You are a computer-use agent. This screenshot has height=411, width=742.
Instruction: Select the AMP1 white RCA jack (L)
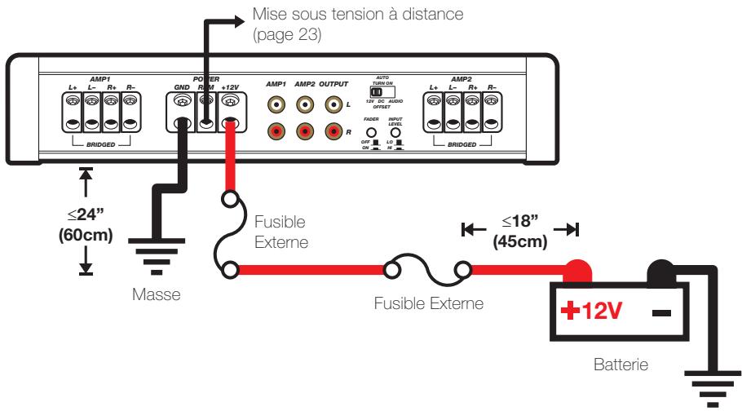[x=277, y=104]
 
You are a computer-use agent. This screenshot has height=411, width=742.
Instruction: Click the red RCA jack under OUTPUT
[x=333, y=130]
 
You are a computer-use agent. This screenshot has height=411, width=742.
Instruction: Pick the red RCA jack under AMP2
[x=305, y=130]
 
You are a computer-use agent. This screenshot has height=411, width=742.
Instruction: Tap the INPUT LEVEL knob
[x=395, y=131]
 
